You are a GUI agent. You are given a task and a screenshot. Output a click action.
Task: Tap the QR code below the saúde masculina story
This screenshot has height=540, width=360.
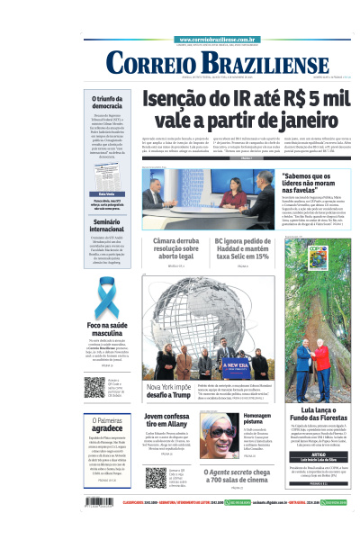(95, 387)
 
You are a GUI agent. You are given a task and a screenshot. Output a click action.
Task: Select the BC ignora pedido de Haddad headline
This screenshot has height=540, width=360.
(242, 247)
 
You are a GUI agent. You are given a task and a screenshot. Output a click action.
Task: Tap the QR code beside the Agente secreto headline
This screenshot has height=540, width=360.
(156, 477)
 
